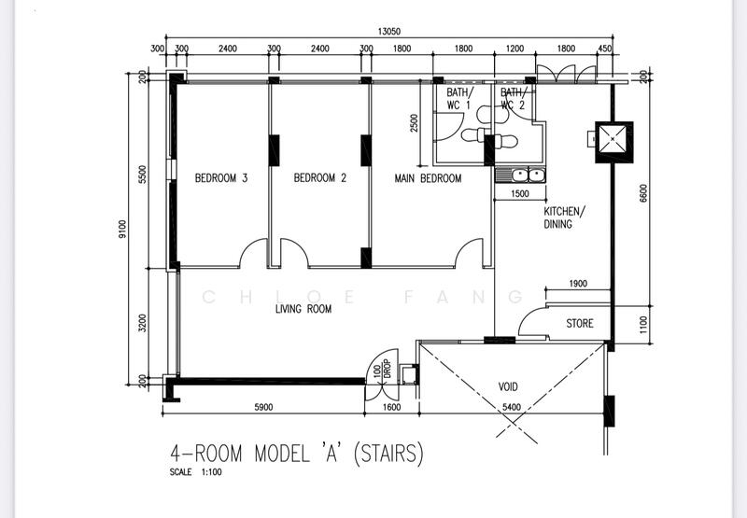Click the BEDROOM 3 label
tap(220, 178)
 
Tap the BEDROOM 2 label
tap(319, 178)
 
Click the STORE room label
tap(579, 324)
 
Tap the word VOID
tap(507, 386)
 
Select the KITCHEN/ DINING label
tap(564, 217)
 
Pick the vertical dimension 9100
tap(122, 230)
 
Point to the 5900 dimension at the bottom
tap(261, 407)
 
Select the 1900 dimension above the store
tap(577, 284)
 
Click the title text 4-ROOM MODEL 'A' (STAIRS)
tap(296, 454)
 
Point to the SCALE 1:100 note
tap(195, 472)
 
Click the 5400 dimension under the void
tap(512, 407)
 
